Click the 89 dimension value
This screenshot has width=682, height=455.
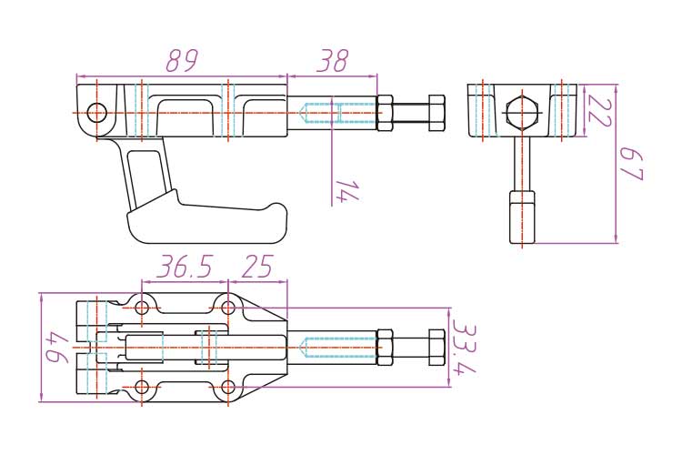(x=182, y=61)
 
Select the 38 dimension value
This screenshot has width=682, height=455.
(x=332, y=61)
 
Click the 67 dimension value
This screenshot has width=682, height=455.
(x=630, y=164)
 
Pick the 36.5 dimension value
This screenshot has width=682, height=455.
(x=185, y=267)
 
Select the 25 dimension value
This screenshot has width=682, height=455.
(x=257, y=267)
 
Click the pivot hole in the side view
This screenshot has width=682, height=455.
(x=96, y=113)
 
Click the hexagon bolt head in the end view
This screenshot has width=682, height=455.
(x=522, y=115)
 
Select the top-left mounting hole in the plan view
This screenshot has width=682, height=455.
(x=141, y=307)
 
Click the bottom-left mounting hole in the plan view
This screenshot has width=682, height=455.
(x=141, y=389)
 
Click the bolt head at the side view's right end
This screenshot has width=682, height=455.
(x=434, y=113)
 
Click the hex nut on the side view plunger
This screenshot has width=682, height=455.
(x=384, y=113)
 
